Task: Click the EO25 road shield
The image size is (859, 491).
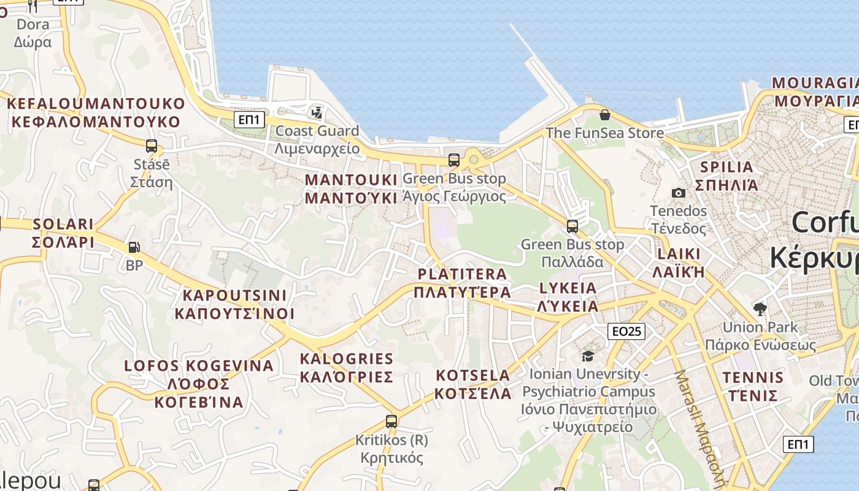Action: tap(626, 331)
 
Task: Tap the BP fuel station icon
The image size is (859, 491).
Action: tap(134, 247)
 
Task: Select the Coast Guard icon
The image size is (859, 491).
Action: tap(317, 112)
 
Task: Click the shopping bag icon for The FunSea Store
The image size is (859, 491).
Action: tap(605, 114)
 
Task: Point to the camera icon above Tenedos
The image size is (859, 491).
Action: tap(678, 193)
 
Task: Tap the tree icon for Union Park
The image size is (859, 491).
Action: tap(760, 308)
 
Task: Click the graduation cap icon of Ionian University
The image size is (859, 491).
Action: tap(588, 356)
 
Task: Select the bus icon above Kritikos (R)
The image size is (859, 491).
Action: tap(391, 422)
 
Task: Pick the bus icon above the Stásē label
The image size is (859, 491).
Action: tap(151, 146)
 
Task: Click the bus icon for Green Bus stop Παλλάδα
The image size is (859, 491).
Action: tap(572, 226)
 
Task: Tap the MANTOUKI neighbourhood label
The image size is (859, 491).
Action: tap(352, 189)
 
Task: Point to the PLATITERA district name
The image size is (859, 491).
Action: tap(463, 283)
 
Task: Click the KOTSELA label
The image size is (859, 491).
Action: tap(473, 384)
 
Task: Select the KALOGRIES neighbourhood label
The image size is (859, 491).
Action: tap(346, 367)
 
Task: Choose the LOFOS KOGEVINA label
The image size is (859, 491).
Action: tap(199, 384)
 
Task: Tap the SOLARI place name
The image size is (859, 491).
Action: tap(63, 233)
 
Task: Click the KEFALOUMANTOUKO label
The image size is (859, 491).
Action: tap(96, 112)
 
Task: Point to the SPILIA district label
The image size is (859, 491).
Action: tap(726, 176)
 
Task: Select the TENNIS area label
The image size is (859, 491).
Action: tap(753, 386)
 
